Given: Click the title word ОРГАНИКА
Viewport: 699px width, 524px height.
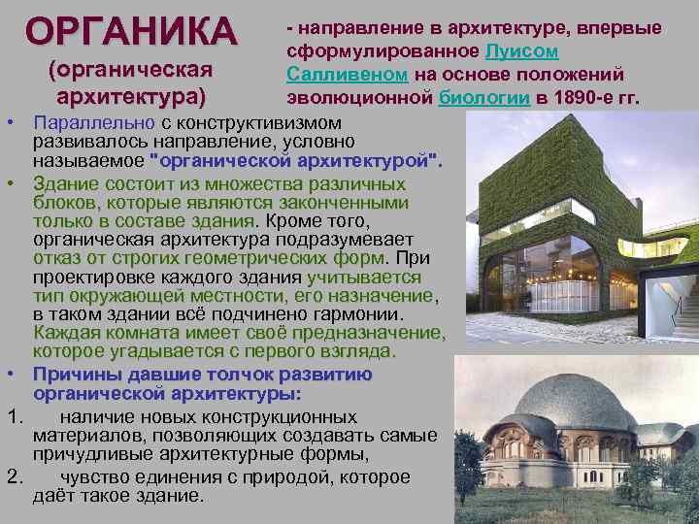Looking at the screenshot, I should click(x=131, y=30).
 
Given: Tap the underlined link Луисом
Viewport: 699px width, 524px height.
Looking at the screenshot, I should click(x=520, y=50).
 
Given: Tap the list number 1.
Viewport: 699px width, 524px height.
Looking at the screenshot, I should click(x=14, y=416).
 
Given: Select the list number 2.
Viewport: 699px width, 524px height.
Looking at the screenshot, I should click(x=14, y=476).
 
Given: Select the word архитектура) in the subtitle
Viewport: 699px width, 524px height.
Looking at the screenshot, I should click(x=131, y=95).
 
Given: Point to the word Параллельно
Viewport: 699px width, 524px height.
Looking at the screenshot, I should click(x=93, y=123).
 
